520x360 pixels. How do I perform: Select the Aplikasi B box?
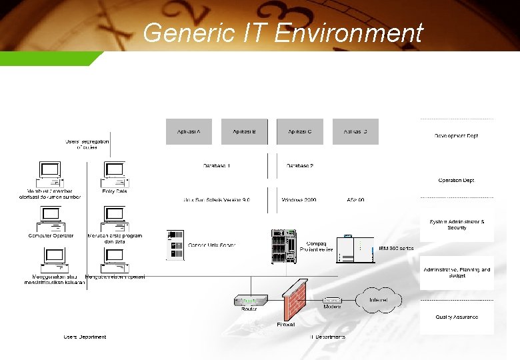pyautogui.click(x=244, y=131)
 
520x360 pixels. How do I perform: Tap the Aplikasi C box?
pyautogui.click(x=300, y=131)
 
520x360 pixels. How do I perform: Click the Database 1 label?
pyautogui.click(x=217, y=165)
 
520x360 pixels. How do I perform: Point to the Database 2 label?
pyautogui.click(x=300, y=165)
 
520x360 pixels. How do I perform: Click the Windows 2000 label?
pyautogui.click(x=299, y=199)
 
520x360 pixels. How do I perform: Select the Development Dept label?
pyautogui.click(x=457, y=136)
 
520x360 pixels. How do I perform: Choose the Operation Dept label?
pyautogui.click(x=457, y=181)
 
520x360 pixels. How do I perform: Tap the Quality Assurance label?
pyautogui.click(x=457, y=317)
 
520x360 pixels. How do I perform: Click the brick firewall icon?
pyautogui.click(x=293, y=301)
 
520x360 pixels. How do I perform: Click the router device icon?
pyautogui.click(x=249, y=301)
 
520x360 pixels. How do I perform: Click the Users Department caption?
pyautogui.click(x=85, y=337)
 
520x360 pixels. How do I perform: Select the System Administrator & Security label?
pyautogui.click(x=457, y=225)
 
